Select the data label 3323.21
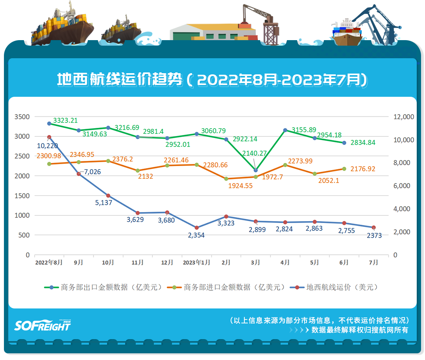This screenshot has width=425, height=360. [x=65, y=120]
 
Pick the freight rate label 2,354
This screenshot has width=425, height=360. [x=196, y=235]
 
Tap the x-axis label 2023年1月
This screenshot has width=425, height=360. [x=196, y=262]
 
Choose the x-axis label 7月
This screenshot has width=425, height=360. [x=373, y=262]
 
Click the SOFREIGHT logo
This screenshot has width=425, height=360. [x=42, y=325]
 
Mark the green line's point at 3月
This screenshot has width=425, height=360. [x=255, y=170]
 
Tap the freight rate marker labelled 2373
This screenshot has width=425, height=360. [x=374, y=228]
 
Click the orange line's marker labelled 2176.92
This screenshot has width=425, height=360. [x=344, y=169]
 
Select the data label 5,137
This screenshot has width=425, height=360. [x=103, y=203]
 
